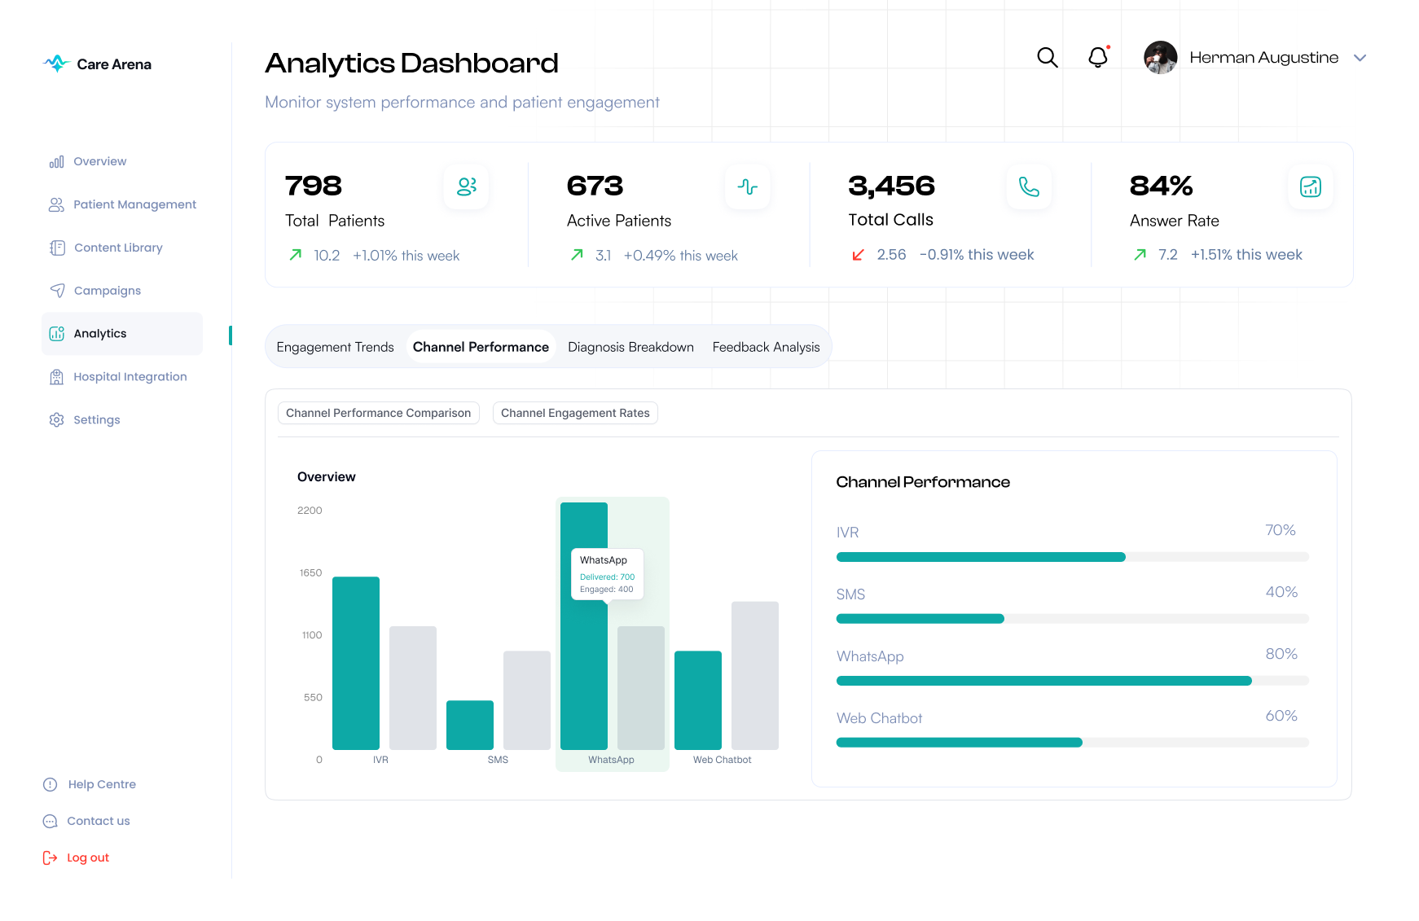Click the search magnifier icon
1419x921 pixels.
click(x=1047, y=57)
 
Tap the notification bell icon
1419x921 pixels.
click(x=1098, y=57)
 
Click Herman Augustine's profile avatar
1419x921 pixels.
click(x=1160, y=58)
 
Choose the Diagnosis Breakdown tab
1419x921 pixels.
click(x=630, y=347)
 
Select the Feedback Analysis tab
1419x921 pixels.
click(x=766, y=347)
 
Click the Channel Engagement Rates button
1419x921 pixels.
click(x=575, y=413)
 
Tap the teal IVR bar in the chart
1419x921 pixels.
click(x=356, y=663)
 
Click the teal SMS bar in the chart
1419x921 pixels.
click(x=470, y=725)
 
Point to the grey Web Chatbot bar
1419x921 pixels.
click(x=755, y=675)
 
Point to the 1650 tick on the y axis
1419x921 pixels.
click(x=310, y=573)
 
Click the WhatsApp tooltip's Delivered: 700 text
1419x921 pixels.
click(x=607, y=577)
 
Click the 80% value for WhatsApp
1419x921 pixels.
click(x=1281, y=654)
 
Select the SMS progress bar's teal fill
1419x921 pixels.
click(x=920, y=619)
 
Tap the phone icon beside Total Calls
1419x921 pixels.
click(x=1029, y=187)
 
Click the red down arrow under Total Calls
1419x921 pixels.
click(x=858, y=255)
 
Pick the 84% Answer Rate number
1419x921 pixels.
click(x=1161, y=186)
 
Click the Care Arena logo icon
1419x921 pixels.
click(x=56, y=64)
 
